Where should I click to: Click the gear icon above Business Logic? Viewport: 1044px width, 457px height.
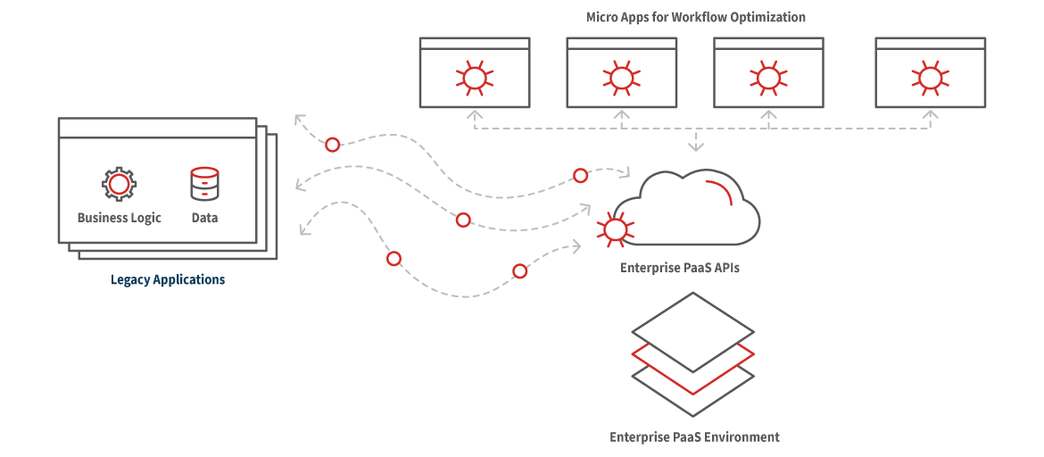coord(119,184)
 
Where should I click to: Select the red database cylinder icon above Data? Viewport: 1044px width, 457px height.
coord(204,183)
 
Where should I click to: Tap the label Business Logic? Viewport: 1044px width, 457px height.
coord(119,218)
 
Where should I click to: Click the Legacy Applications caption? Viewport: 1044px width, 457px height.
coord(168,279)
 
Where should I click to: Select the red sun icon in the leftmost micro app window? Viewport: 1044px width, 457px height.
coord(474,78)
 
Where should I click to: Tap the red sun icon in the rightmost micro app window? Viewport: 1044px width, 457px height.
coord(930,78)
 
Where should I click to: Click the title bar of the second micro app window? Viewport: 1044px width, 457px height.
coord(621,43)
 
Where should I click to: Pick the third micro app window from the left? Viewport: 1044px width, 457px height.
coord(768,72)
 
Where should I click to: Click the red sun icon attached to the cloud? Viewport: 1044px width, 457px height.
coord(615,229)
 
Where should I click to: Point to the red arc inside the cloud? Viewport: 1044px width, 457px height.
coord(721,192)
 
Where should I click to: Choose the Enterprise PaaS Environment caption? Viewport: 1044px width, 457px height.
coord(694,437)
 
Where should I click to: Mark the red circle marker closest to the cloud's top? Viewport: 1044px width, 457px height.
coord(580,175)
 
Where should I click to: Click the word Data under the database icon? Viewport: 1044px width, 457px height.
coord(204,218)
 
